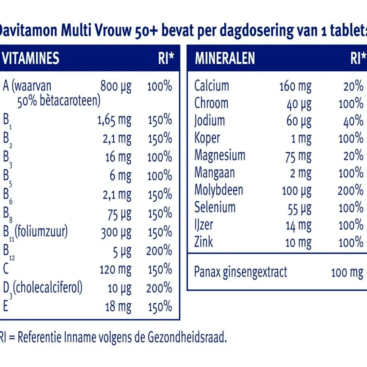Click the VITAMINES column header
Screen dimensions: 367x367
coord(31,58)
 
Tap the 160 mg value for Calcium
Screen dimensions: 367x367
coord(295,86)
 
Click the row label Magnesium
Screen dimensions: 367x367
coord(220,155)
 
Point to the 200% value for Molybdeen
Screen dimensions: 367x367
coord(350,190)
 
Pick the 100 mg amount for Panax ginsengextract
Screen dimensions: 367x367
coord(347,272)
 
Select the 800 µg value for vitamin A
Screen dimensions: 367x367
coord(116,86)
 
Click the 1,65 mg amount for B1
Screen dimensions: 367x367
coord(114,120)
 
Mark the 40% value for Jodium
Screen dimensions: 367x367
coord(353,121)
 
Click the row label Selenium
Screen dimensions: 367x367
coord(215,207)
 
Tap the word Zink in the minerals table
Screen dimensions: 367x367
coord(204,242)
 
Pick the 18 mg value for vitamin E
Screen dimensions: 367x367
coord(118,307)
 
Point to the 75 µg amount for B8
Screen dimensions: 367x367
coord(119,214)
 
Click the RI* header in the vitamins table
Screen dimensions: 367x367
coord(166,58)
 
